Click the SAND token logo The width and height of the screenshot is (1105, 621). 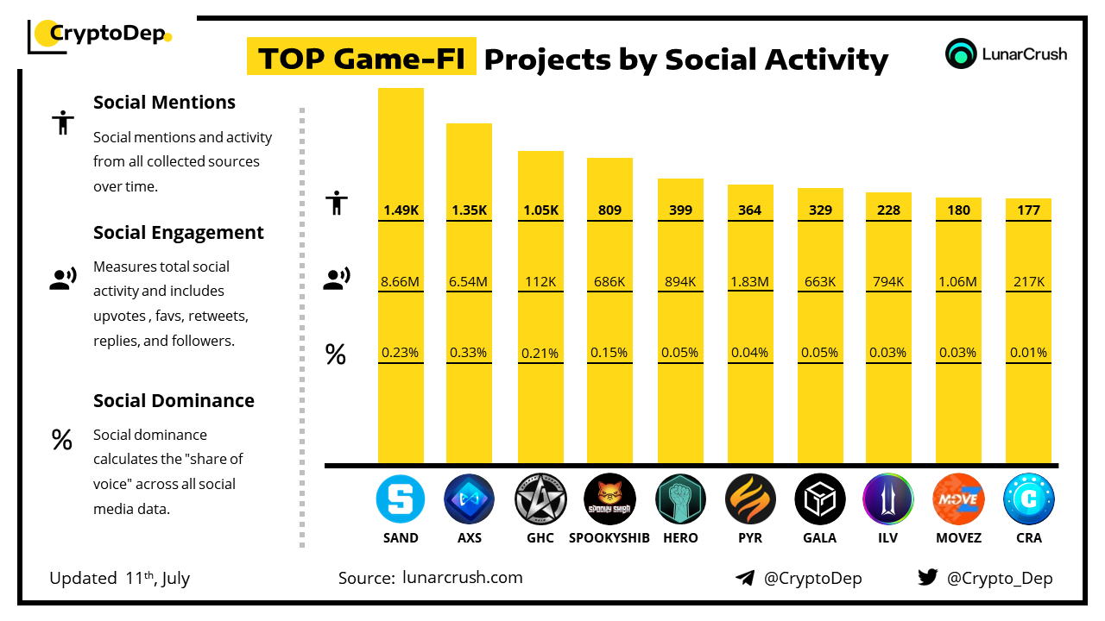[x=401, y=499]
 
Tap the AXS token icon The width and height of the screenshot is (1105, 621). [x=469, y=499]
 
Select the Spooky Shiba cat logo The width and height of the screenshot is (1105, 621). [x=609, y=499]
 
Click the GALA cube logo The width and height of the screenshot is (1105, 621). [x=820, y=499]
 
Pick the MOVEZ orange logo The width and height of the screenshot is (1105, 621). [x=958, y=499]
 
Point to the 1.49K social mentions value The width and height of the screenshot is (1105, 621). [x=401, y=210]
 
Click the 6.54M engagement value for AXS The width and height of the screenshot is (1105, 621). [x=469, y=281]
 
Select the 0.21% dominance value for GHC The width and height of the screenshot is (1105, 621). [x=540, y=353]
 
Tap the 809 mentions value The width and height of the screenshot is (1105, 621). [x=609, y=210]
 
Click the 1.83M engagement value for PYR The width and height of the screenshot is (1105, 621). [x=750, y=281]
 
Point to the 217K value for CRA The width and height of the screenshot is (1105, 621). [x=1028, y=281]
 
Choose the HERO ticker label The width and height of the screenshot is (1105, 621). [x=680, y=538]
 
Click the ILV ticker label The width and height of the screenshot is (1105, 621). [x=888, y=538]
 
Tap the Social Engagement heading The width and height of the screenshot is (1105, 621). [x=179, y=233]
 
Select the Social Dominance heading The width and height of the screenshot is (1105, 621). [x=174, y=401]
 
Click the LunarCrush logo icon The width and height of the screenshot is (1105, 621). [x=960, y=53]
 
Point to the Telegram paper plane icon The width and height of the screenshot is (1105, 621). [x=745, y=578]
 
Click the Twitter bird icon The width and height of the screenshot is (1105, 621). [x=927, y=578]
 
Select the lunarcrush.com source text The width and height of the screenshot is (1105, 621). [x=462, y=578]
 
